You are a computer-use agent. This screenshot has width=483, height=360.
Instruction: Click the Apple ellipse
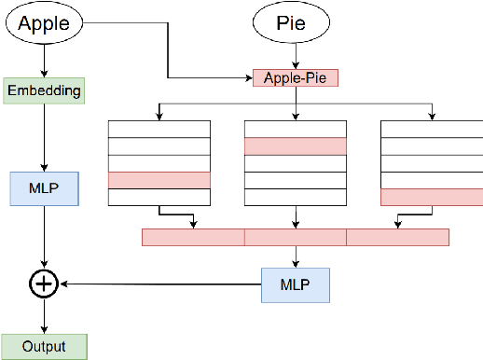(44, 24)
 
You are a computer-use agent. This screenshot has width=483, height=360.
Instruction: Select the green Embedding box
(44, 90)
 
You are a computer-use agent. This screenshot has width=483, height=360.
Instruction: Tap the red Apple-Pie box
(295, 77)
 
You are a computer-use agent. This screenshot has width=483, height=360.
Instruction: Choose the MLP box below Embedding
(44, 188)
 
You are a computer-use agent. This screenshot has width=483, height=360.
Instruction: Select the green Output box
(44, 346)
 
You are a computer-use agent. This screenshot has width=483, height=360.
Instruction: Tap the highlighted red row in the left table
(159, 180)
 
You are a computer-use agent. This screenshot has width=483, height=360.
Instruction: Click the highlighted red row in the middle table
(295, 145)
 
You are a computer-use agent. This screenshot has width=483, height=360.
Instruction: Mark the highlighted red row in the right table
(431, 197)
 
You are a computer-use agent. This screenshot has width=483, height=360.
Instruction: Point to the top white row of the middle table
(295, 129)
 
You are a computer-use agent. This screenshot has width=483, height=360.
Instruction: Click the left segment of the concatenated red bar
(192, 237)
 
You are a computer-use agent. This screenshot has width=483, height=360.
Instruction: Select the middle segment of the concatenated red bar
(295, 237)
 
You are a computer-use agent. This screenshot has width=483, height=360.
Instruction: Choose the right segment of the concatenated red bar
(396, 237)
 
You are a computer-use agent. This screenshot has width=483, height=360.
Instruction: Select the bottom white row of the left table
(159, 197)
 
